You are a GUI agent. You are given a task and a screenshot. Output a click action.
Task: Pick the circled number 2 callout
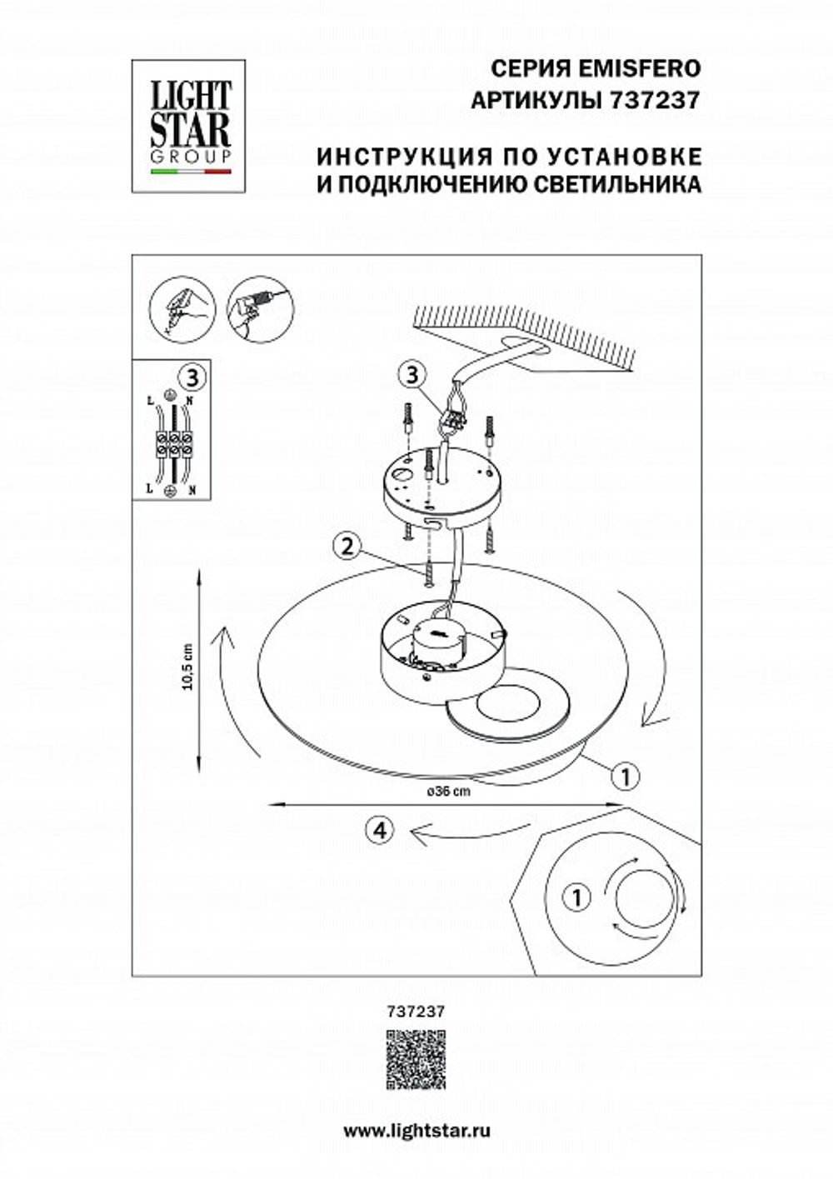pyautogui.click(x=346, y=547)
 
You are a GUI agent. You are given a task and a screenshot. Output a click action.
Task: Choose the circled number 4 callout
pyautogui.click(x=379, y=829)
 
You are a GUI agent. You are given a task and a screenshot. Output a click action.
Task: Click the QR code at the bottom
pyautogui.click(x=416, y=1059)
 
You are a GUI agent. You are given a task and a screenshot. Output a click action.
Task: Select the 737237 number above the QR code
pyautogui.click(x=416, y=1010)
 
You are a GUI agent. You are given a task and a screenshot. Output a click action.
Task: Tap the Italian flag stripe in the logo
pyautogui.click(x=190, y=172)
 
